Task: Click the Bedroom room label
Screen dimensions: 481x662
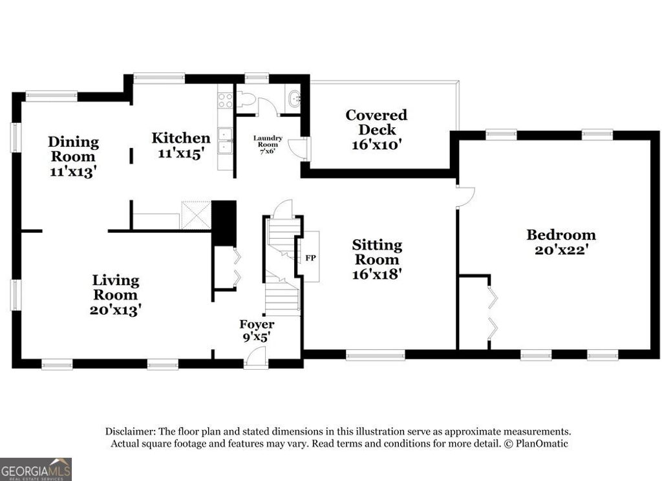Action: (x=561, y=242)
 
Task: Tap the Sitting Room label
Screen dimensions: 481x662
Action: (x=377, y=259)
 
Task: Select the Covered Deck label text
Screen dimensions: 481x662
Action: (x=377, y=130)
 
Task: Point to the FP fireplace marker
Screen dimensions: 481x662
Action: (x=310, y=257)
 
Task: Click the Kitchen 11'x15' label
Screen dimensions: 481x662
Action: (x=180, y=145)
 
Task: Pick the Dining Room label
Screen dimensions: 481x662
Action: (x=73, y=156)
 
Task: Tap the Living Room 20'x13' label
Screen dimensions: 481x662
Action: (x=116, y=294)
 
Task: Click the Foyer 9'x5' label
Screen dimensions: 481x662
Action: (x=257, y=330)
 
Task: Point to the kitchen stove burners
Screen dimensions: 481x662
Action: (x=225, y=100)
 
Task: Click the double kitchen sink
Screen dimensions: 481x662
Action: (x=226, y=142)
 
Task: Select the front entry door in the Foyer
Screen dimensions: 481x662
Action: (x=257, y=357)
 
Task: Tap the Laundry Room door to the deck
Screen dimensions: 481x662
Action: (x=299, y=149)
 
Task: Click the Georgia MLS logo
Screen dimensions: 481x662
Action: (x=36, y=469)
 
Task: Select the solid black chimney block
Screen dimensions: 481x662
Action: (x=224, y=223)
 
